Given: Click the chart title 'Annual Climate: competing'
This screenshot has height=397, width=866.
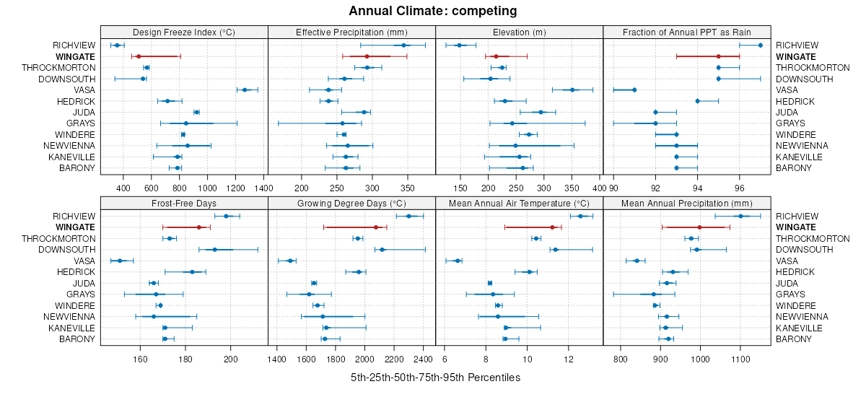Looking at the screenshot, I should (x=432, y=11).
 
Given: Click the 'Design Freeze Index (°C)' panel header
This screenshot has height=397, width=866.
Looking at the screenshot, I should (x=184, y=32).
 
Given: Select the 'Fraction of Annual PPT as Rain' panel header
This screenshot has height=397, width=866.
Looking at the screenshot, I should (x=686, y=32).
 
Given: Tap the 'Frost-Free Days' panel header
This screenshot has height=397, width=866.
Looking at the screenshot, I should (x=184, y=204).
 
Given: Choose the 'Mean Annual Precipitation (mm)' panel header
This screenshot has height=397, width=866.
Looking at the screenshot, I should (x=686, y=204).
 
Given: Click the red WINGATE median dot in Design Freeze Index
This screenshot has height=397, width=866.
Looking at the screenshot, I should (x=138, y=56).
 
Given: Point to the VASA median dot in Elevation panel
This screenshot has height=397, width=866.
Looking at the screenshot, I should (x=572, y=90).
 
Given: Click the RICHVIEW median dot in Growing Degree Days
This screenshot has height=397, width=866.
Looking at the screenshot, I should (x=408, y=216).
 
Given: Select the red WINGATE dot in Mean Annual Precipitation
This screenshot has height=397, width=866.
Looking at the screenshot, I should (x=699, y=227).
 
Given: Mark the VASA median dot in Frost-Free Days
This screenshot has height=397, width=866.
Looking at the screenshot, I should (x=120, y=261).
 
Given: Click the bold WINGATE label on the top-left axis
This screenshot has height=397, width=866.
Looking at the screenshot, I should (x=74, y=56).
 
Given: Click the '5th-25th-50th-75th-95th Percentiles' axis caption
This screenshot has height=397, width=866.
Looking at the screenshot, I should (x=435, y=378).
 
